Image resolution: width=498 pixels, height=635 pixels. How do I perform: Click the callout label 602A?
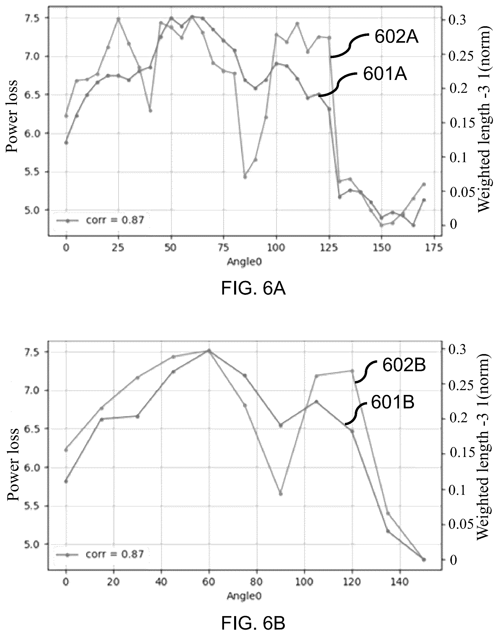coord(396,37)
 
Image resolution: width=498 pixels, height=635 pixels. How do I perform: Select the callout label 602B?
coord(404,366)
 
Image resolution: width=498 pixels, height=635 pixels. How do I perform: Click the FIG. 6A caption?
coord(253,289)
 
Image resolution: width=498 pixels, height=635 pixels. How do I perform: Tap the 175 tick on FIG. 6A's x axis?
coord(435,248)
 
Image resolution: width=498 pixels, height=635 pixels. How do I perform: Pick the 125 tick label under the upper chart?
coord(329,248)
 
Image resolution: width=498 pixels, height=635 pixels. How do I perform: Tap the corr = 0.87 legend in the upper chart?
coord(100,220)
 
